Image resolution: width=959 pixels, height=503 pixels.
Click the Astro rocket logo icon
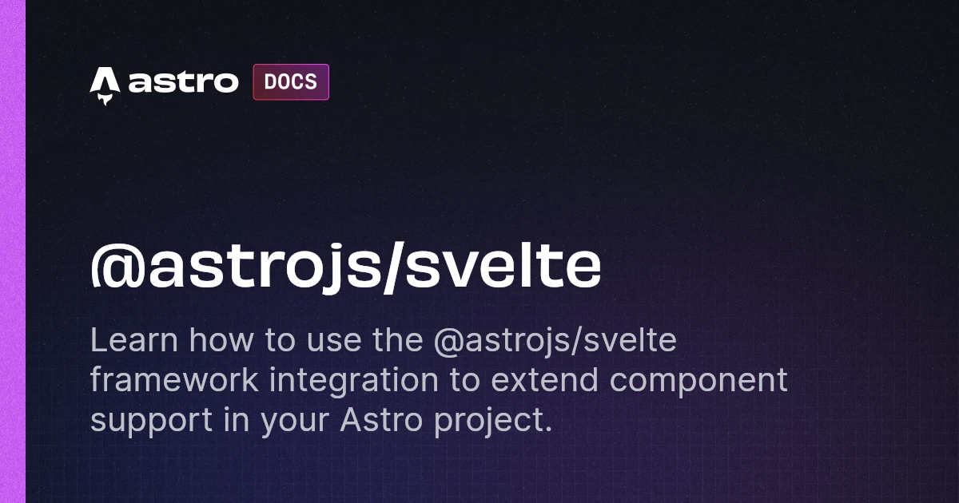[x=105, y=85]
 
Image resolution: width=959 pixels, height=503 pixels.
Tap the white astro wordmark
[x=183, y=82]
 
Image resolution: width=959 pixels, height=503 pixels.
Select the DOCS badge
[x=291, y=82]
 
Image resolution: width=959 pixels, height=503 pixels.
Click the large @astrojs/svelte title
[x=346, y=267]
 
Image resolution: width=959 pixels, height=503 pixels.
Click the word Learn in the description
[x=134, y=340]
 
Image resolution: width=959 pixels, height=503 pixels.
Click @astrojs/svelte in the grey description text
[x=555, y=342]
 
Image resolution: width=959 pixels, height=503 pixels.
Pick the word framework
[x=174, y=380]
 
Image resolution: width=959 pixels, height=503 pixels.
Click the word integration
[x=353, y=381]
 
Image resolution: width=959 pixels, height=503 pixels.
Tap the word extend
[x=544, y=380]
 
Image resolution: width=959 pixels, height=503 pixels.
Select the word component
[x=698, y=382]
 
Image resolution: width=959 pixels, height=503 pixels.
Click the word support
[x=151, y=422]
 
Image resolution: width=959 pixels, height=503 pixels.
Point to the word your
[x=295, y=422]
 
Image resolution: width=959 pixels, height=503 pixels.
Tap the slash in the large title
[x=392, y=267]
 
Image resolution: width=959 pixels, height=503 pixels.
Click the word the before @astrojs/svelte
[x=398, y=340]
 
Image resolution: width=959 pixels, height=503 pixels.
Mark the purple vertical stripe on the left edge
[x=13, y=252]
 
